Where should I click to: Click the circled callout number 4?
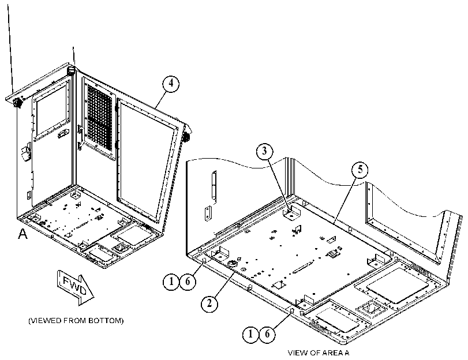(x=171, y=83)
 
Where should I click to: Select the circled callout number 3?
(x=264, y=151)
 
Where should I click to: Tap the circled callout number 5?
(x=360, y=170)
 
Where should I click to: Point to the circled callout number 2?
(x=209, y=303)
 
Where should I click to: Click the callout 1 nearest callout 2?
(x=171, y=281)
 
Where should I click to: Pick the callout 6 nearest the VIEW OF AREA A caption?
(x=267, y=333)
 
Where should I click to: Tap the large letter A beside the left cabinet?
(x=23, y=234)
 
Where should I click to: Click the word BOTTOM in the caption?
(x=106, y=321)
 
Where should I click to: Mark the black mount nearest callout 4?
(x=187, y=137)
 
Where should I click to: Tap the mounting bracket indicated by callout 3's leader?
(x=291, y=213)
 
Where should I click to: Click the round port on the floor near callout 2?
(x=232, y=264)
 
